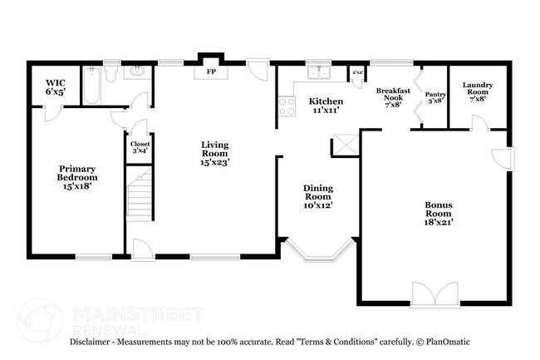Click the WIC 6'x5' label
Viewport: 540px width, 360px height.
click(55, 87)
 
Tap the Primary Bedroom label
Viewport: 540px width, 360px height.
click(76, 177)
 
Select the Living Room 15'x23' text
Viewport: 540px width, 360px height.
click(214, 153)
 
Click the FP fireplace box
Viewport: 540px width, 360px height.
click(210, 72)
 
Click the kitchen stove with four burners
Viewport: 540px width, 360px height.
click(287, 106)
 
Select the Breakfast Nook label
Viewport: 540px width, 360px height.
click(389, 97)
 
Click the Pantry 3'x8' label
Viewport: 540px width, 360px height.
click(435, 98)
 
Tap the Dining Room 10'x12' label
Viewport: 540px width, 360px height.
click(317, 196)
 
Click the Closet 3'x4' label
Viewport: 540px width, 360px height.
click(138, 147)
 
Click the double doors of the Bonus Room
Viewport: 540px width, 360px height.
click(434, 294)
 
